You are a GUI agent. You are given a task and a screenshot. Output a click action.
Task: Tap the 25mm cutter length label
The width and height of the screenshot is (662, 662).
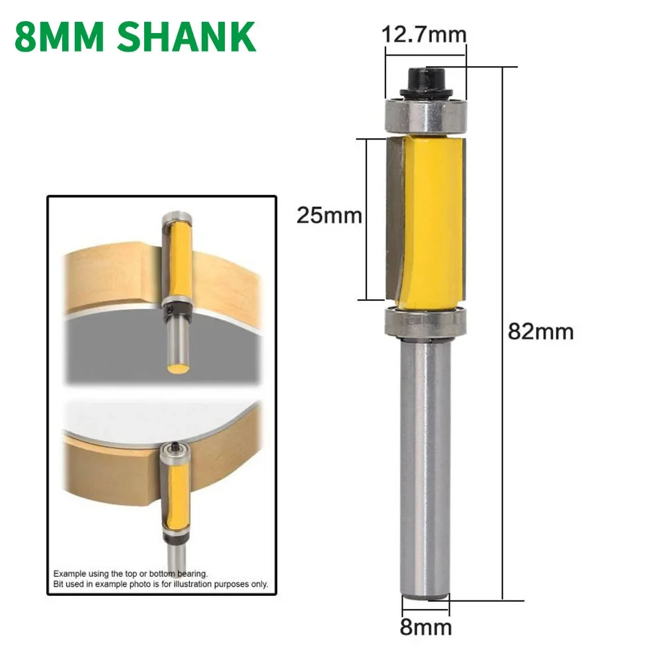click(329, 216)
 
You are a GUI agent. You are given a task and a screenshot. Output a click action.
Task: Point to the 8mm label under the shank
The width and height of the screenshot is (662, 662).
click(425, 627)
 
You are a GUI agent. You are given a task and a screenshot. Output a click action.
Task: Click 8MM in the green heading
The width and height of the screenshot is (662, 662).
click(57, 37)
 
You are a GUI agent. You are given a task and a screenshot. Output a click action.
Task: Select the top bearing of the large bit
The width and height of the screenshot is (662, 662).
click(425, 114)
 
